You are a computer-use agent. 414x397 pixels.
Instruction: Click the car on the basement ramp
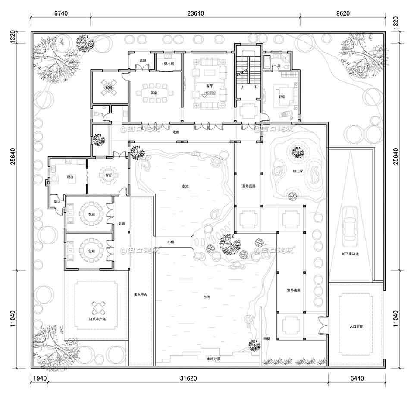click(x=349, y=224)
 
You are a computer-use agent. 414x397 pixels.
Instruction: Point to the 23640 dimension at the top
click(x=195, y=13)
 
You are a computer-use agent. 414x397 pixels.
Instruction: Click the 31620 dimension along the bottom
click(x=186, y=379)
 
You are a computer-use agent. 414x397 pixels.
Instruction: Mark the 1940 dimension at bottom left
click(x=39, y=379)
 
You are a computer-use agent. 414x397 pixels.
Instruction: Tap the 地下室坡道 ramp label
click(x=351, y=254)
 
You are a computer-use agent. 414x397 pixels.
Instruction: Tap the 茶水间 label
click(x=169, y=63)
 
